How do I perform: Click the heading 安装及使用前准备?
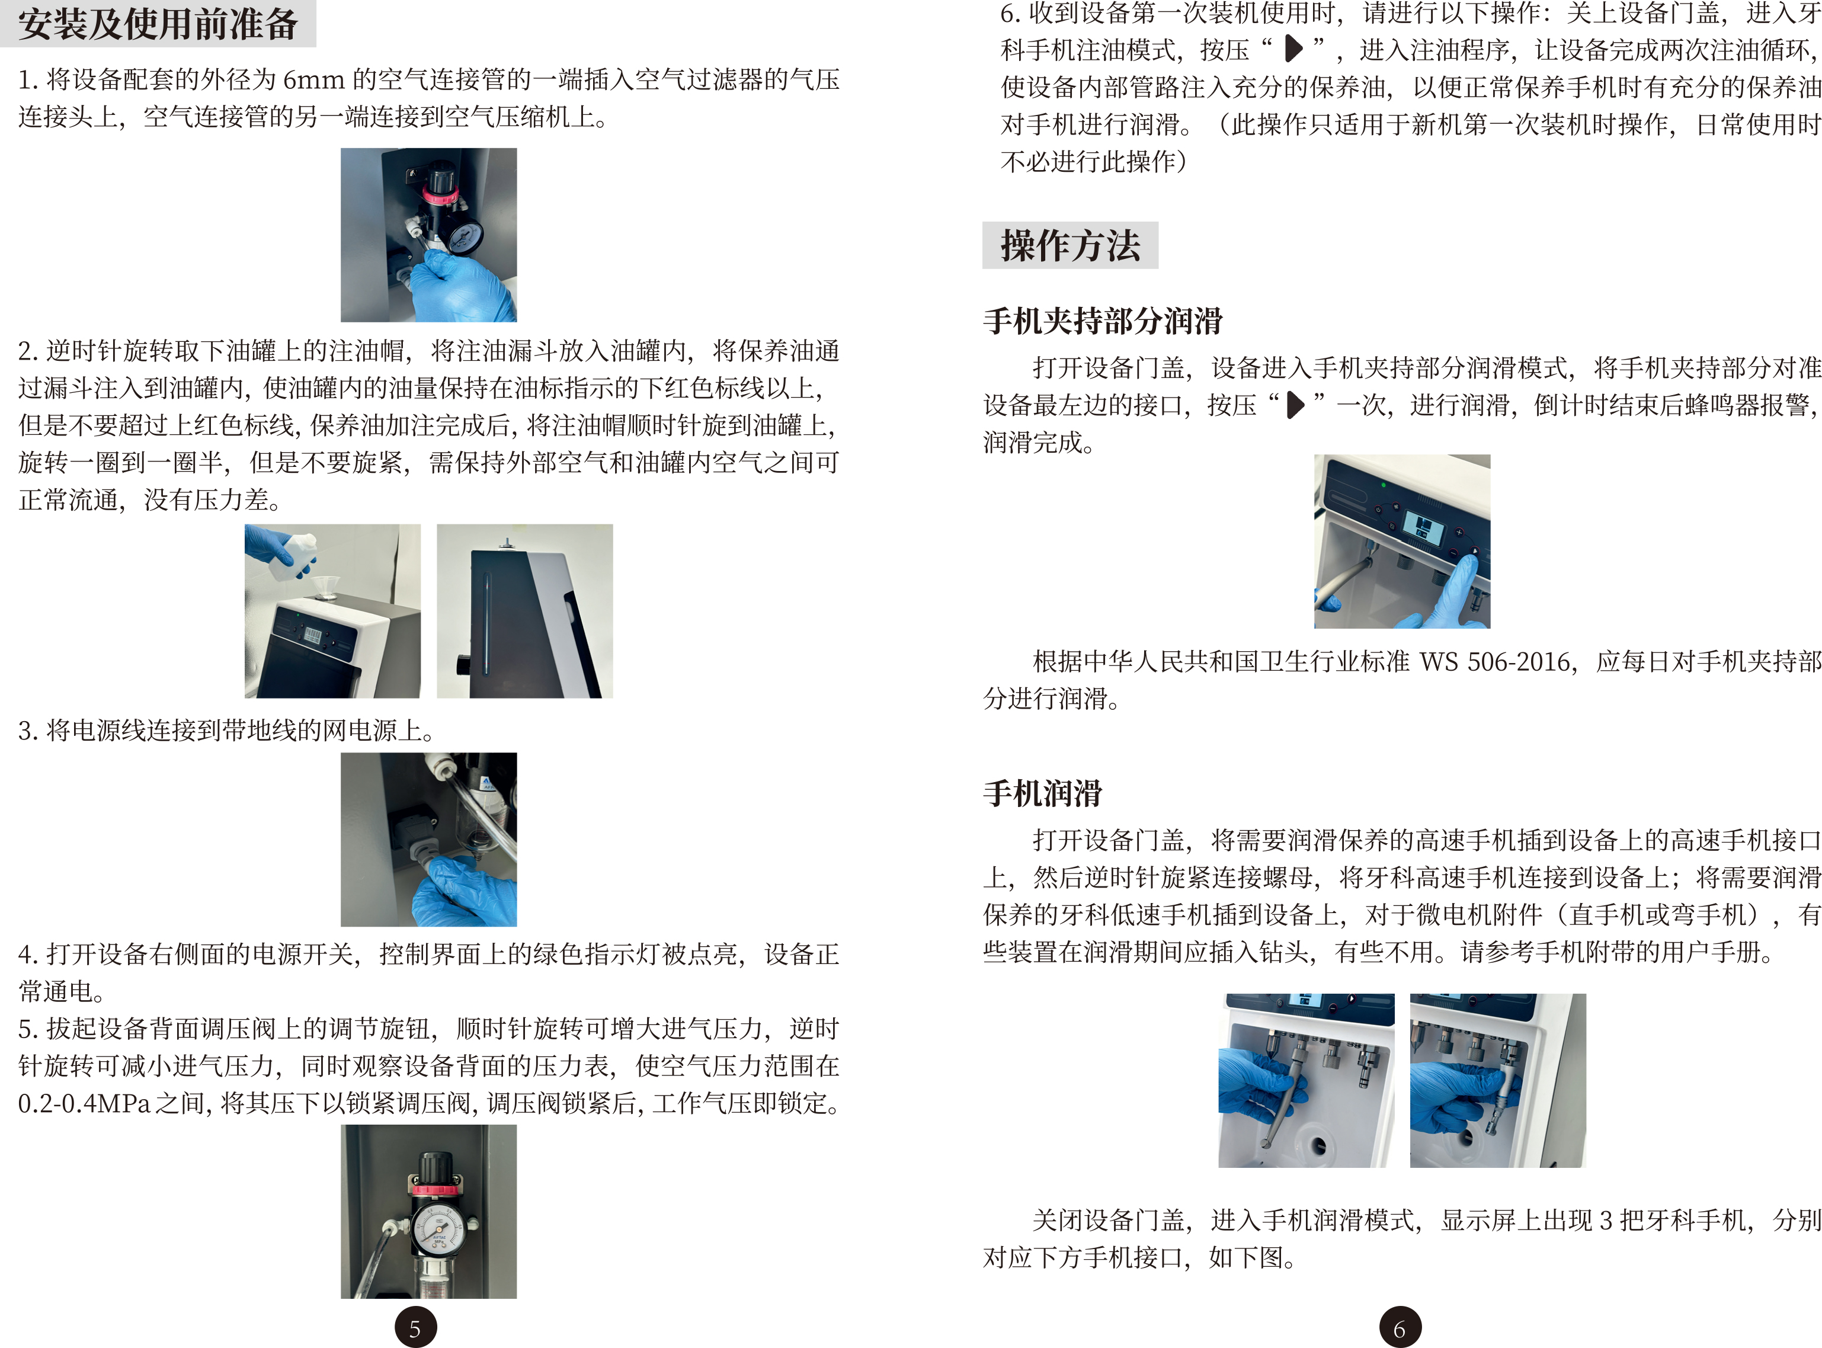[x=158, y=23]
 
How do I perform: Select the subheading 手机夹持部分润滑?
[x=1102, y=320]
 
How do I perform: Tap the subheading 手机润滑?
[x=1042, y=792]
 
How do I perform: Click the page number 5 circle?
[x=415, y=1328]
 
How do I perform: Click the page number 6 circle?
[x=1400, y=1328]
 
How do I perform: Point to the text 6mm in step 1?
[x=313, y=80]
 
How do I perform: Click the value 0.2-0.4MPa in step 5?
[x=84, y=1103]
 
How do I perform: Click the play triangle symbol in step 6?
[x=1293, y=49]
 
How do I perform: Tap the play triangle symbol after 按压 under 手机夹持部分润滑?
[x=1295, y=404]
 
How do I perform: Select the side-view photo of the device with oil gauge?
[x=524, y=611]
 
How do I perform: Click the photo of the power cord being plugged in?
[x=428, y=840]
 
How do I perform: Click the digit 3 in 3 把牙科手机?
[x=1606, y=1220]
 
